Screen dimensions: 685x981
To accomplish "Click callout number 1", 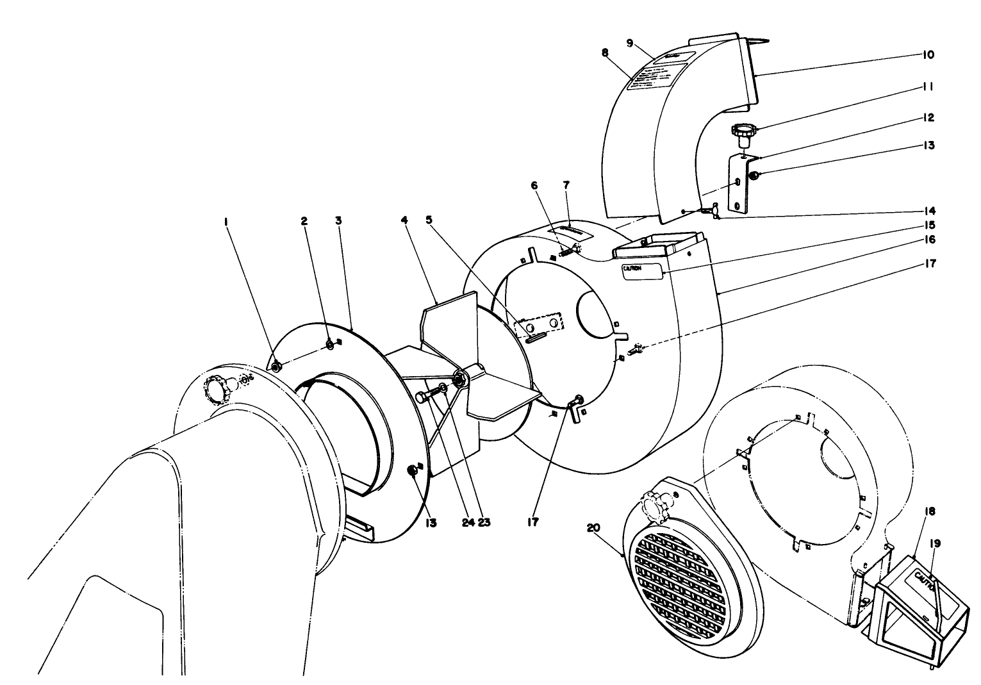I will coord(226,221).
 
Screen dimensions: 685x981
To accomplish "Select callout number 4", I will coord(404,220).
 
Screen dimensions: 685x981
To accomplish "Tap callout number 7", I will coord(566,185).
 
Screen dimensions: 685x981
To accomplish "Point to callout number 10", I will coord(928,55).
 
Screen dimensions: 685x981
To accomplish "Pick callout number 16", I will coord(930,239).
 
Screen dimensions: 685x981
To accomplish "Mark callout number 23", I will coord(484,522).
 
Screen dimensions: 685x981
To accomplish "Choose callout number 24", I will coord(468,522).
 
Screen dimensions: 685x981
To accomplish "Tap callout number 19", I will coord(936,543).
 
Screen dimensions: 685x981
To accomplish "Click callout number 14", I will coord(930,210).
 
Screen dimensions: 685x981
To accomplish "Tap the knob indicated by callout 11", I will coord(743,131).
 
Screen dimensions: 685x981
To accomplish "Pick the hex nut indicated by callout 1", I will coord(276,367).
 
